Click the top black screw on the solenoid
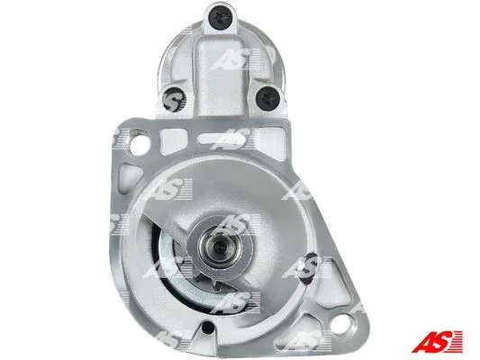[x=221, y=18]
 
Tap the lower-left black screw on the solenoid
[x=174, y=99]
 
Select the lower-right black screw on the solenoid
[x=267, y=98]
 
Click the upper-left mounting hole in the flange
[x=140, y=144]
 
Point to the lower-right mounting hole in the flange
[x=342, y=325]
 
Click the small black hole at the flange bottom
[x=208, y=328]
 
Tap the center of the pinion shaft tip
[x=219, y=245]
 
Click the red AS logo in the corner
[x=436, y=341]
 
